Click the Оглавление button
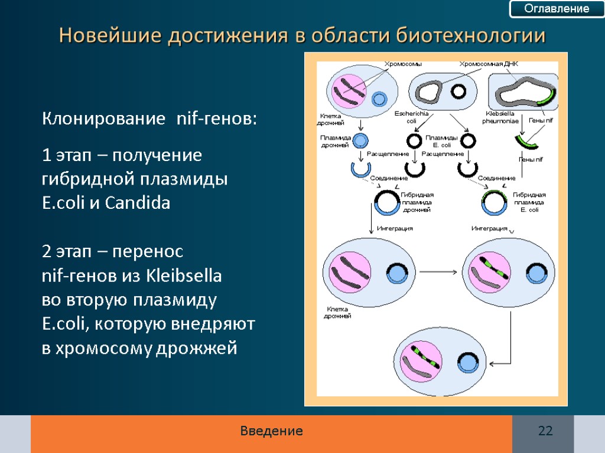click(557, 9)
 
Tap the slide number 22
click(545, 431)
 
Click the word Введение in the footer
click(271, 431)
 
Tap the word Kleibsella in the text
click(184, 276)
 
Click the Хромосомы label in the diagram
click(403, 64)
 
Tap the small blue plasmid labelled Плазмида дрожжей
click(360, 141)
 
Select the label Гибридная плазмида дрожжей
click(417, 202)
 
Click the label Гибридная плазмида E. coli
click(529, 202)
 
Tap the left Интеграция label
click(393, 228)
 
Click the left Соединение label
click(388, 178)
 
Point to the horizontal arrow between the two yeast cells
click(438, 273)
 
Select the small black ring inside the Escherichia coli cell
click(458, 91)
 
